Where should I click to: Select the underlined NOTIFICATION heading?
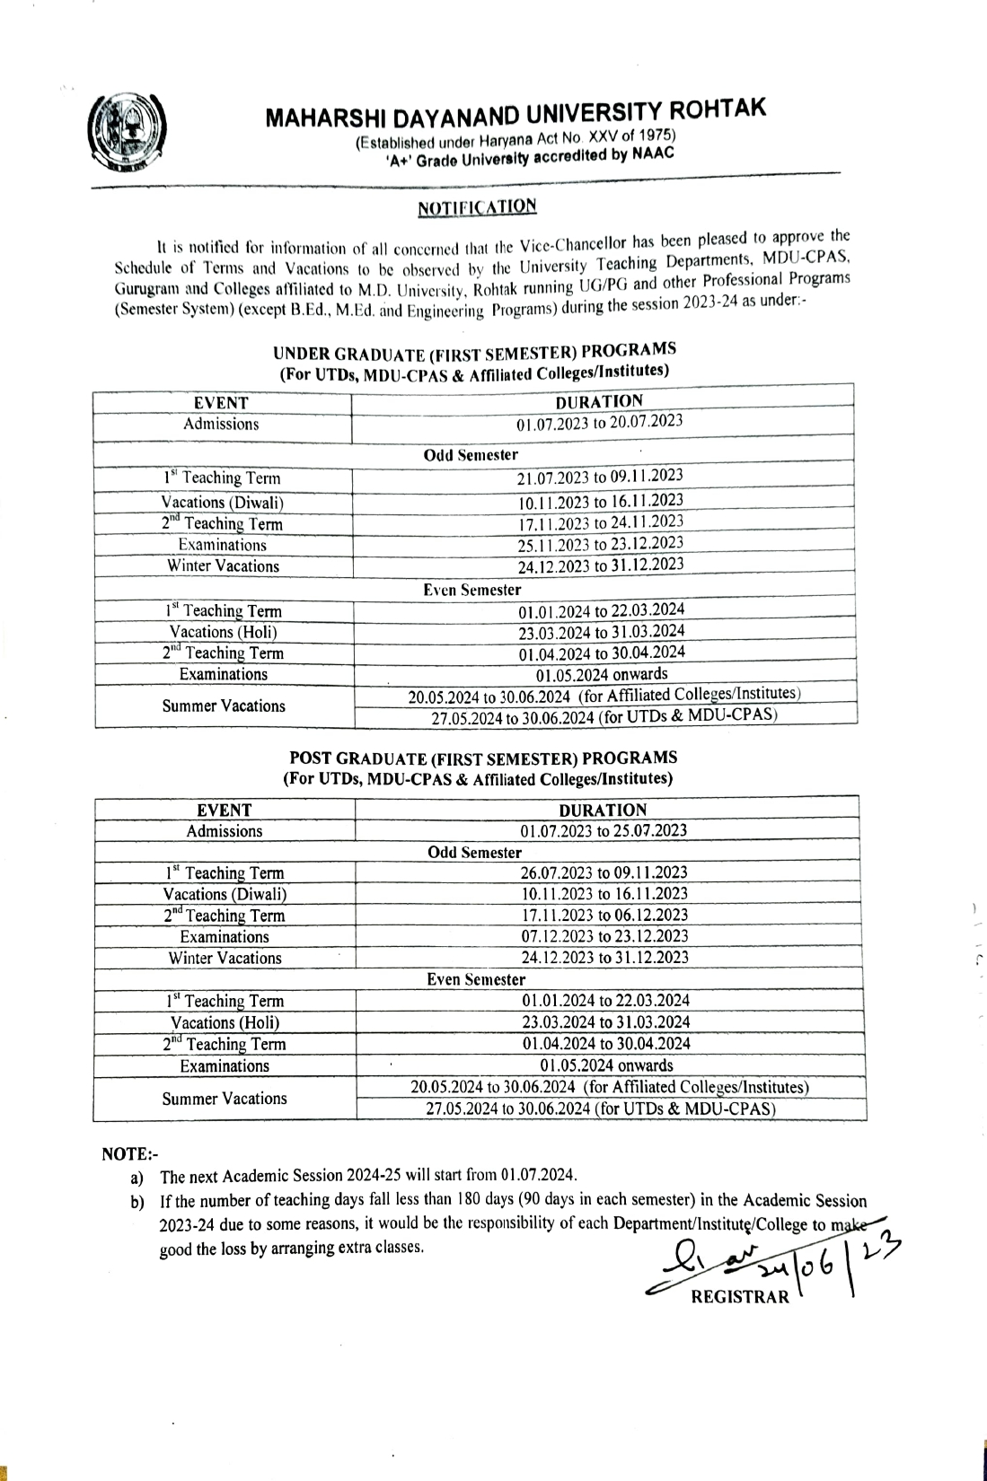[x=477, y=207]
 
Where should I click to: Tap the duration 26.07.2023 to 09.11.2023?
[x=604, y=872]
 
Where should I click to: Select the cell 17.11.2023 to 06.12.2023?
[x=604, y=915]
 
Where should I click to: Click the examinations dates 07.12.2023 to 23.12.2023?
[x=604, y=936]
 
